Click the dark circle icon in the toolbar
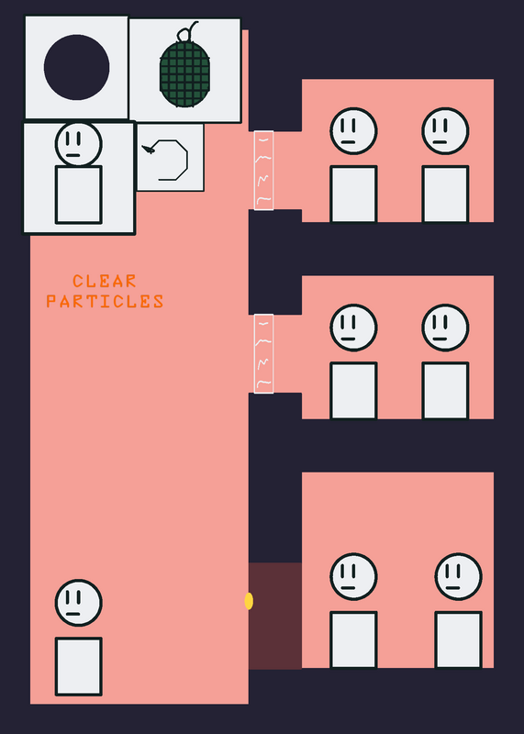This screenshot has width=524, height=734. (76, 67)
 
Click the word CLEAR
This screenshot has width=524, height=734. (105, 281)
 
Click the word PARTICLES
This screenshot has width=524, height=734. (105, 301)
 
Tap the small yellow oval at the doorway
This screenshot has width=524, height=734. (249, 601)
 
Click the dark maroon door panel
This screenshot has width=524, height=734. (275, 616)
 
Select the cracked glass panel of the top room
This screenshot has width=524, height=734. (263, 171)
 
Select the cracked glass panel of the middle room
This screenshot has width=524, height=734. (263, 353)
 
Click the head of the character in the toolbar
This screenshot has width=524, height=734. (78, 144)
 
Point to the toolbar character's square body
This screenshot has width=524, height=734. (79, 195)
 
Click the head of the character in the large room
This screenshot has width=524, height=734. (78, 603)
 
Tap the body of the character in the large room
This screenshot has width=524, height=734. (79, 667)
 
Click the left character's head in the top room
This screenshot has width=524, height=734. (353, 131)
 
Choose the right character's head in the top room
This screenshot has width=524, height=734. (445, 131)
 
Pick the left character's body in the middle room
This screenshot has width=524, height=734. (353, 391)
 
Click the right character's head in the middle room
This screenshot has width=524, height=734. (445, 328)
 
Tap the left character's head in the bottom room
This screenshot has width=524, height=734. (353, 577)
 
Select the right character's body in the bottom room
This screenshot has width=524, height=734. (459, 639)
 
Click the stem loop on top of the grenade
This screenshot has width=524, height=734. (185, 32)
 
